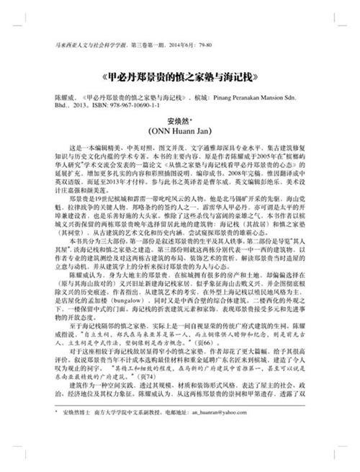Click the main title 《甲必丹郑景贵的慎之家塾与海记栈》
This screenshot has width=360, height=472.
(x=180, y=76)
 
